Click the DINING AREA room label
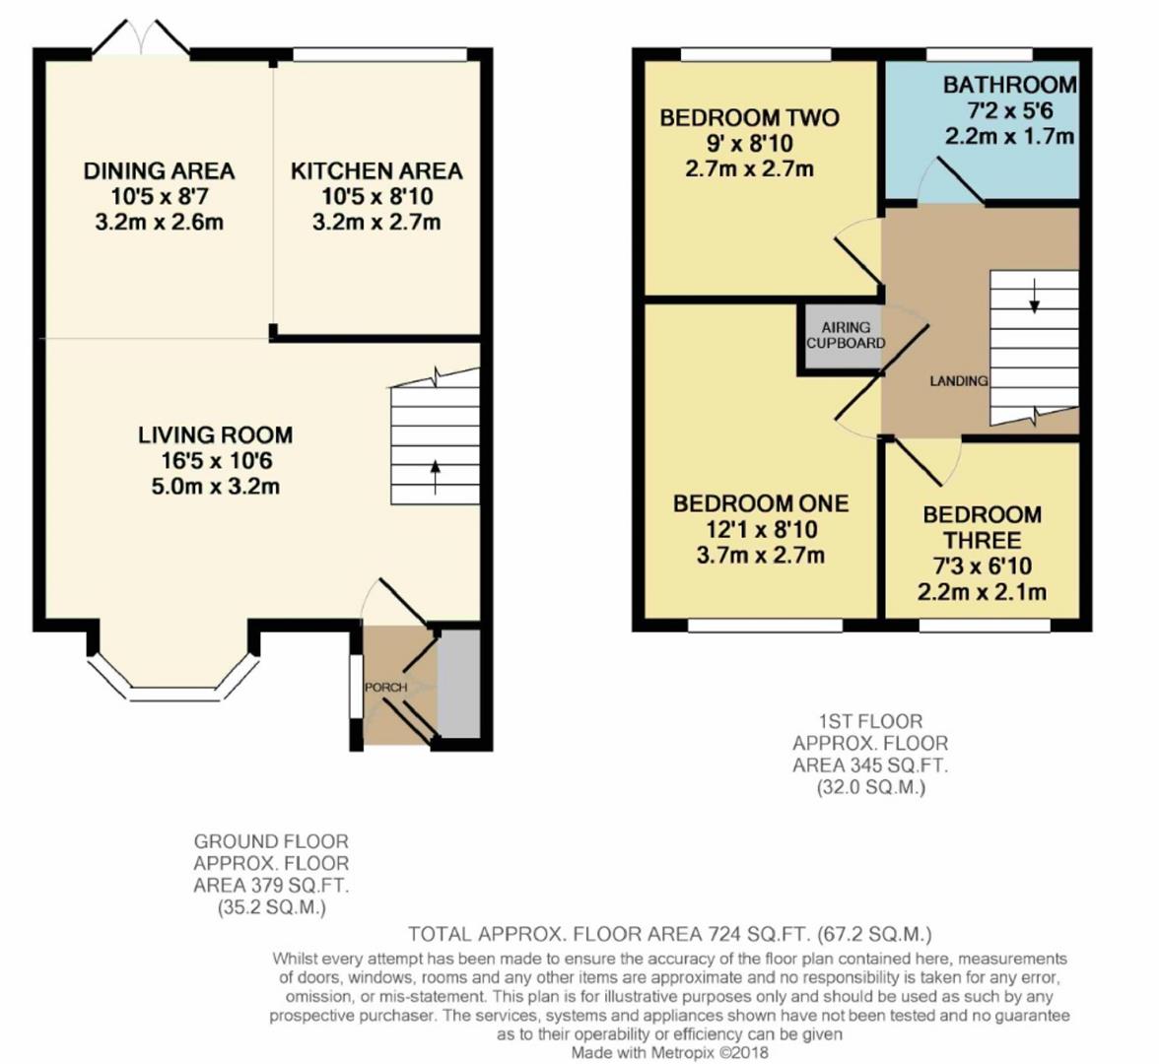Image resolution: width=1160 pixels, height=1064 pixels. (x=159, y=171)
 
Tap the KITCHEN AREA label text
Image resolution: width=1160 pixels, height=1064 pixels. (x=375, y=171)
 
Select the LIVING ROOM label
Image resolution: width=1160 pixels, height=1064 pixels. (x=215, y=435)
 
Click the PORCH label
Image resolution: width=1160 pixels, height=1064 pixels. (x=385, y=687)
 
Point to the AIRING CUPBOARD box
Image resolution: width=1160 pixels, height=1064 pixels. (x=845, y=336)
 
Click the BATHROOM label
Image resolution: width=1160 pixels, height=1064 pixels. (x=1009, y=85)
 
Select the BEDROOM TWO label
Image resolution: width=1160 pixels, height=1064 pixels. (x=749, y=118)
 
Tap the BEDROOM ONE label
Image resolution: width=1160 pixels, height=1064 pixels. (x=760, y=504)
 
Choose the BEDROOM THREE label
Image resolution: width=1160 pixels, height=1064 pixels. (x=982, y=528)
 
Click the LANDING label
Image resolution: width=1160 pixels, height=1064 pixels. (x=958, y=381)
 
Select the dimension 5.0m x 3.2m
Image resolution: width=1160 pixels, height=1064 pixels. (x=215, y=487)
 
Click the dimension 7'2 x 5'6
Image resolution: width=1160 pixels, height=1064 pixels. (x=1009, y=110)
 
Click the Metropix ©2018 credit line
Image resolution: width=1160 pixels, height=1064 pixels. (x=670, y=1052)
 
